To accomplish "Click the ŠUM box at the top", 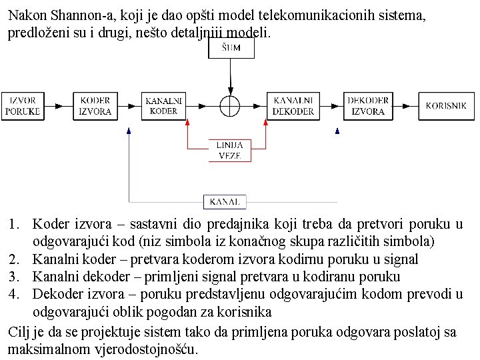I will pos(231,47).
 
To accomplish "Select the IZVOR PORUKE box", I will pos(23,105).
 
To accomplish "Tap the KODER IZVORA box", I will pos(95,105).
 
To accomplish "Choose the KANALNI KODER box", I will pos(163,105).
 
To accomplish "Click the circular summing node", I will pos(230,105).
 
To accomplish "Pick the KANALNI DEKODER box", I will pos(293,105).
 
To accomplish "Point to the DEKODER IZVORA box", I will pos(367,105).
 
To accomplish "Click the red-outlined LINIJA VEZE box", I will pos(229,151).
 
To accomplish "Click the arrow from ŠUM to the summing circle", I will pos(230,77).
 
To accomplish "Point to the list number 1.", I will pos(19,224).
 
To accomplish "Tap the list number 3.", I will pos(19,275).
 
